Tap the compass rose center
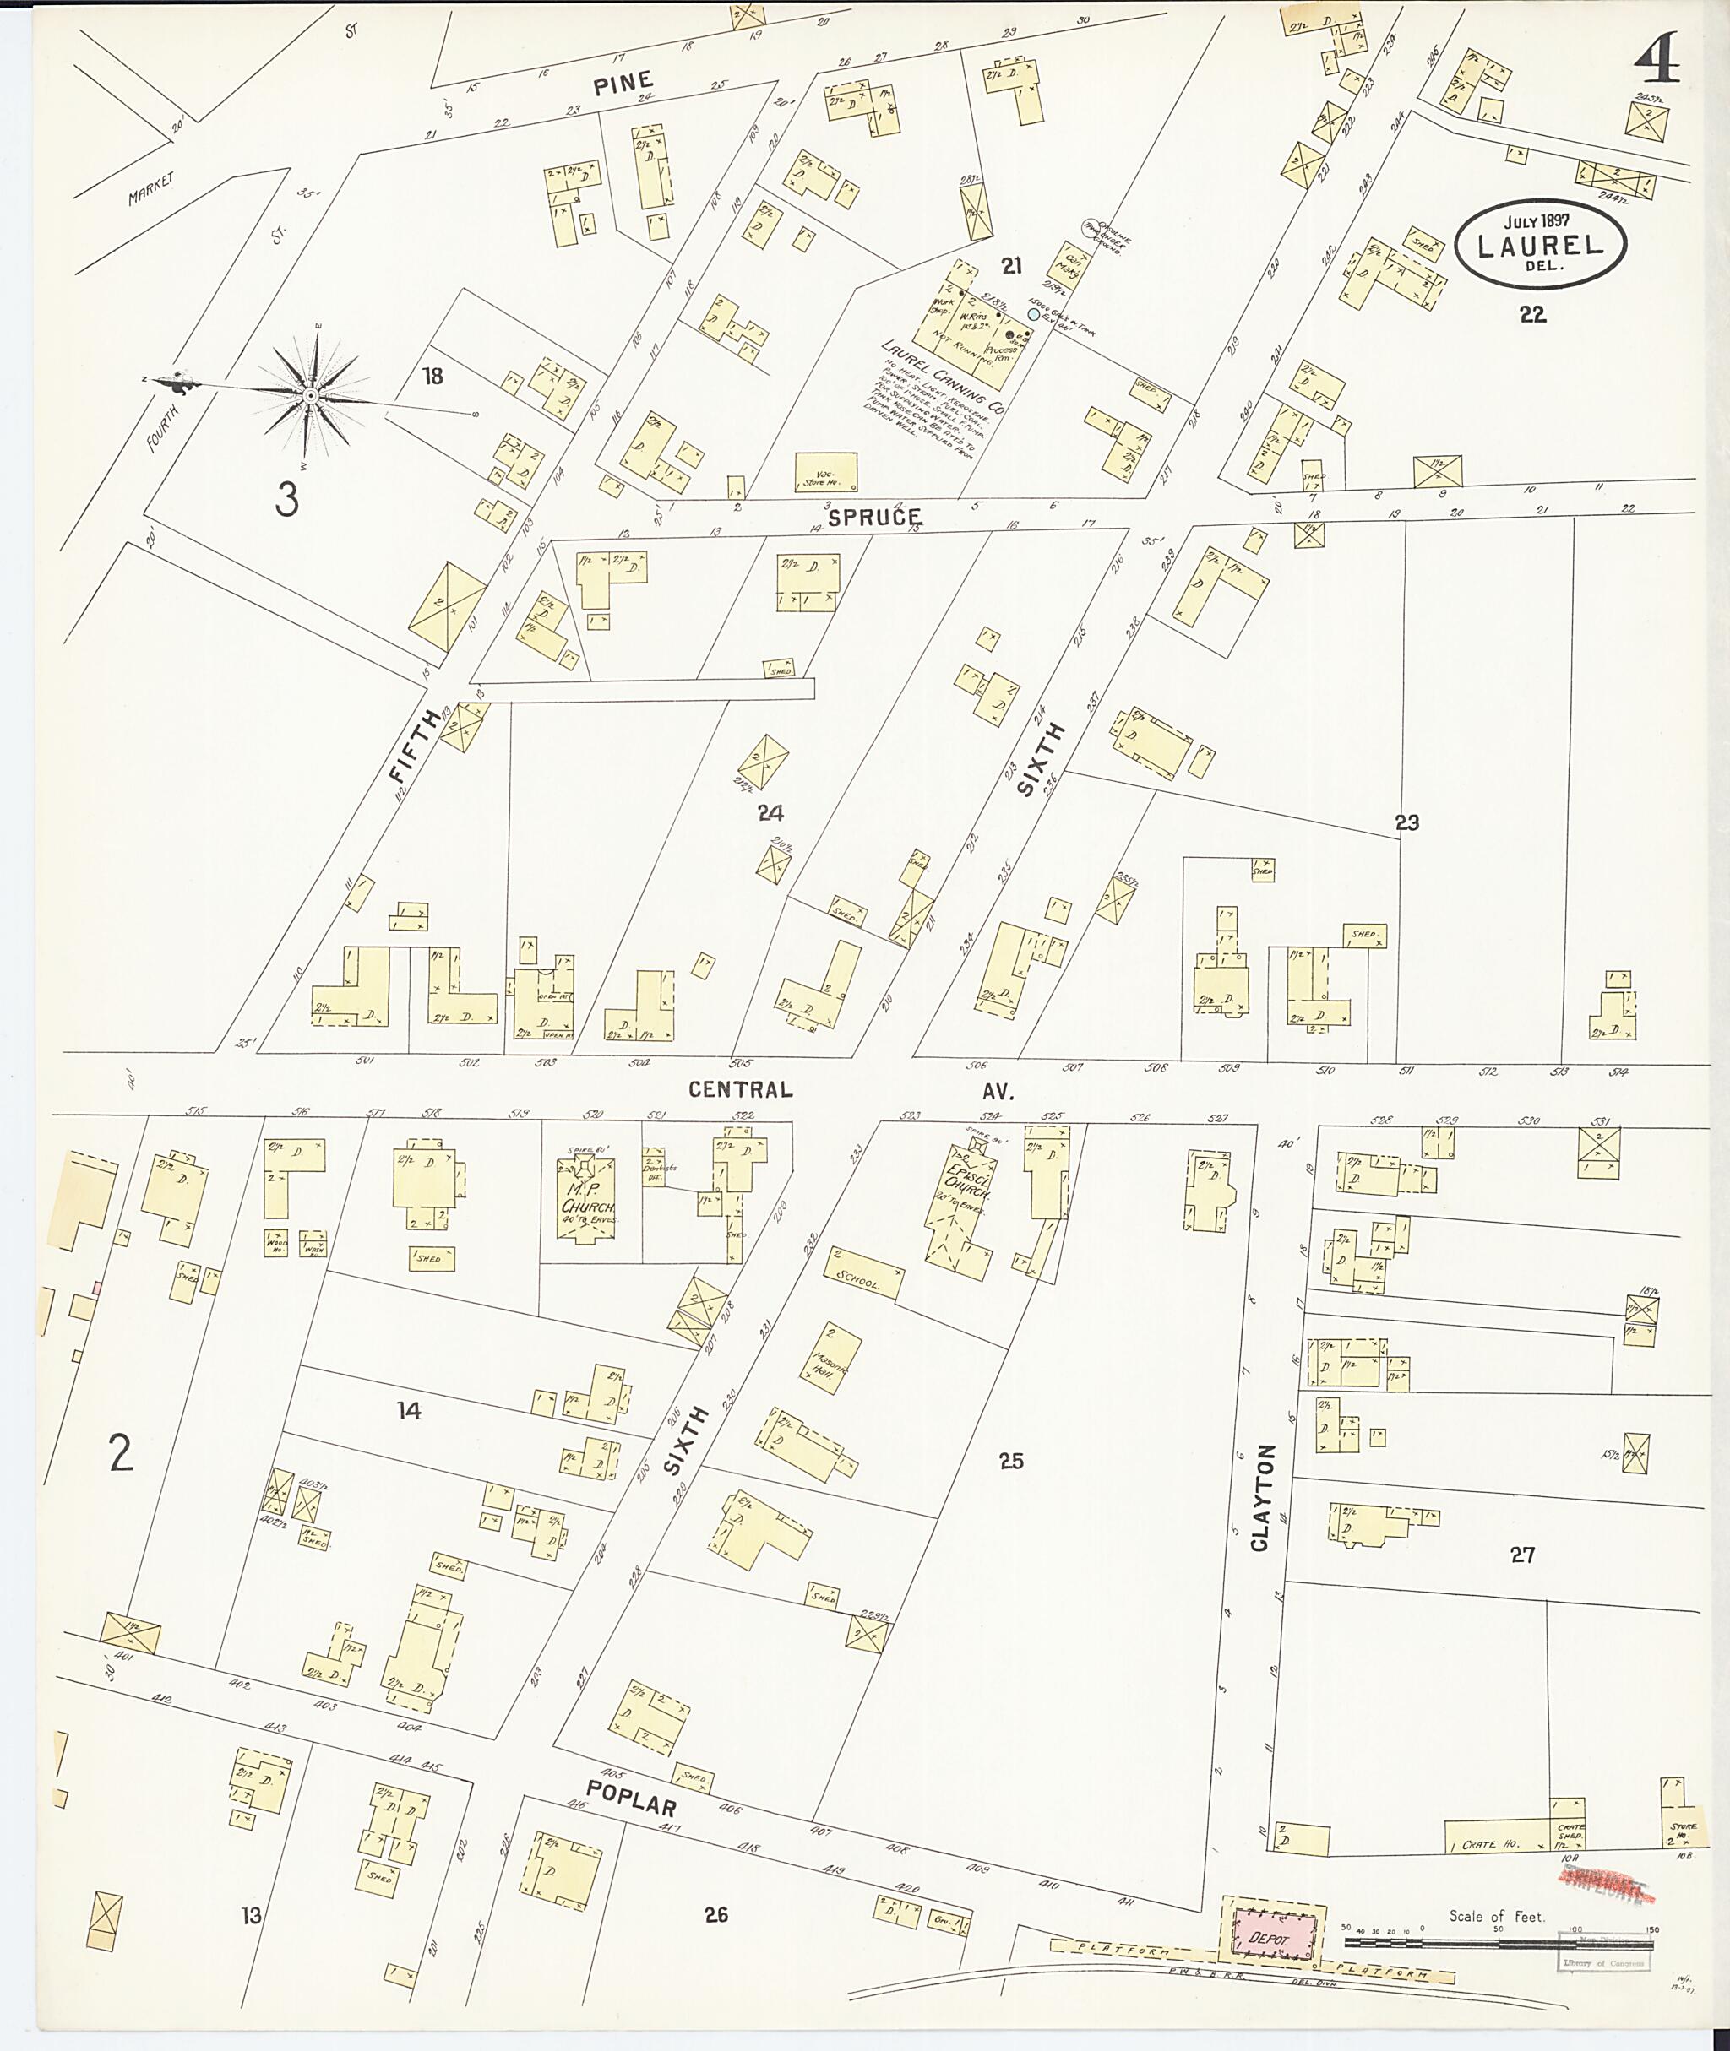click(310, 395)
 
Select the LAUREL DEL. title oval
click(1540, 244)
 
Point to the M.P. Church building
click(586, 1199)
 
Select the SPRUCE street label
click(873, 517)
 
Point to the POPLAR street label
click(631, 1798)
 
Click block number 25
click(1010, 1461)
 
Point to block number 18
click(432, 376)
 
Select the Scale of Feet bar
click(1498, 1941)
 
